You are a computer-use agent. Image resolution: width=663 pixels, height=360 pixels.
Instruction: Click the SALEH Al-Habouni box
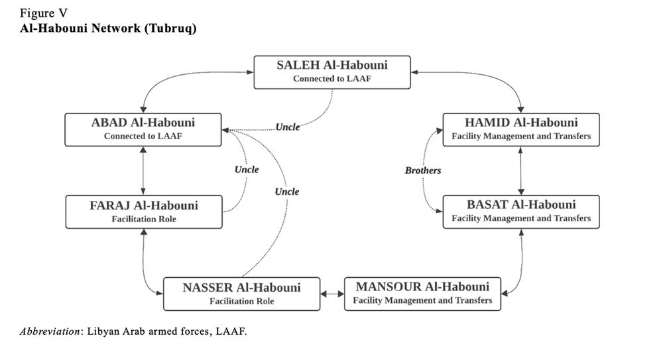pos(332,72)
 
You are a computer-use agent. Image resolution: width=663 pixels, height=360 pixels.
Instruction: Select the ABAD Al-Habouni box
pos(143,129)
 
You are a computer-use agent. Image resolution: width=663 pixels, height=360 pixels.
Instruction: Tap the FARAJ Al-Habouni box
pos(143,211)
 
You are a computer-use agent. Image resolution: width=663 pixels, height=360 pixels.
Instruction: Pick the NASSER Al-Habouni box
pos(241,294)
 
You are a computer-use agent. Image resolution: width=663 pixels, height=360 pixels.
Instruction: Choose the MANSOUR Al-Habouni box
pos(422,293)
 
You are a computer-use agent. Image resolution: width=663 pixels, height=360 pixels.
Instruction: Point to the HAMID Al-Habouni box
pos(521,129)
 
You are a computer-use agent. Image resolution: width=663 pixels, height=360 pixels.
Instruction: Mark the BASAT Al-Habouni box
pos(521,211)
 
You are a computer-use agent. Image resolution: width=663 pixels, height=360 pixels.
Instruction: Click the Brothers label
pos(423,170)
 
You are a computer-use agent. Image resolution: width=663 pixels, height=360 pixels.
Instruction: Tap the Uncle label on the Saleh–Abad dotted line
pos(288,127)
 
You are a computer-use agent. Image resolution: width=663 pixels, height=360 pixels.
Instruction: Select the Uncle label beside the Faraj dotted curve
pos(247,169)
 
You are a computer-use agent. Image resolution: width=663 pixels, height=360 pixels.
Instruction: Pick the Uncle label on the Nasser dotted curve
pos(287,192)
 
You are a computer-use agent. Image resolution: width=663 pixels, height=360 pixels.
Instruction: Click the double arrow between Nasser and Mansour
pos(332,293)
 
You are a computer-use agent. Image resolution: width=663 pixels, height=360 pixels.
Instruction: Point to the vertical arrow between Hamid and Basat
pos(522,170)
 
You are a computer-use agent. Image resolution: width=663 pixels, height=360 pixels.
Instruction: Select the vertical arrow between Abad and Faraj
pos(143,170)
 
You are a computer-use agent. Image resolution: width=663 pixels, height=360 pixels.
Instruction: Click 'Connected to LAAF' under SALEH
pos(332,78)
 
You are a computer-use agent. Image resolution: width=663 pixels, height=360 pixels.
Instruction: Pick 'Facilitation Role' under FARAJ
pos(143,219)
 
